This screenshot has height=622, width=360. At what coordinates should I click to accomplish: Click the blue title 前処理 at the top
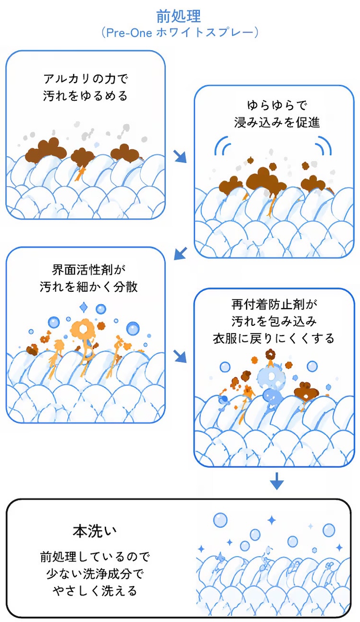point(179,16)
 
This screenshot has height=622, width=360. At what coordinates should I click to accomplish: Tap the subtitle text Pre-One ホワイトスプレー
point(180,33)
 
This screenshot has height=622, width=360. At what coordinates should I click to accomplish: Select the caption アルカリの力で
point(86,79)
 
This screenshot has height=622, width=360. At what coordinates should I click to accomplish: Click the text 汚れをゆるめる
point(85,96)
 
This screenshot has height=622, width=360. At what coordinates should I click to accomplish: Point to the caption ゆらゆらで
point(277,106)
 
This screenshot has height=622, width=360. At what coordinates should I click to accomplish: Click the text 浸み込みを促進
point(277,122)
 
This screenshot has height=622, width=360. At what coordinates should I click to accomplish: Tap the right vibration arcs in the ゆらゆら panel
point(324,146)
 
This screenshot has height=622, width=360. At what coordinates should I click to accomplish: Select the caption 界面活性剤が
point(89,270)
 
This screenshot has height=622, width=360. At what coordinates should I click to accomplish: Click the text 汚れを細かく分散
point(89,287)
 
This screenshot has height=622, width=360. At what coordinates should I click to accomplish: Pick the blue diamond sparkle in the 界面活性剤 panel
point(84,307)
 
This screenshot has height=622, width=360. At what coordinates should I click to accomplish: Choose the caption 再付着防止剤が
point(274,305)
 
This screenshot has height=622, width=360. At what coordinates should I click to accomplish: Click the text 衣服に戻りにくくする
point(274,338)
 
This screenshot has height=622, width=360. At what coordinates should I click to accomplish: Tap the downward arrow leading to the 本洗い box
point(277,482)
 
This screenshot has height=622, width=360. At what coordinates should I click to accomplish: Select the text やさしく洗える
point(95,590)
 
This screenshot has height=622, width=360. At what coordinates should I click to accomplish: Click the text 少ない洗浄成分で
point(95,574)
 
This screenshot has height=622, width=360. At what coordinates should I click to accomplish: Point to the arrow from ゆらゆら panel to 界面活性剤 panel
point(180,253)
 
